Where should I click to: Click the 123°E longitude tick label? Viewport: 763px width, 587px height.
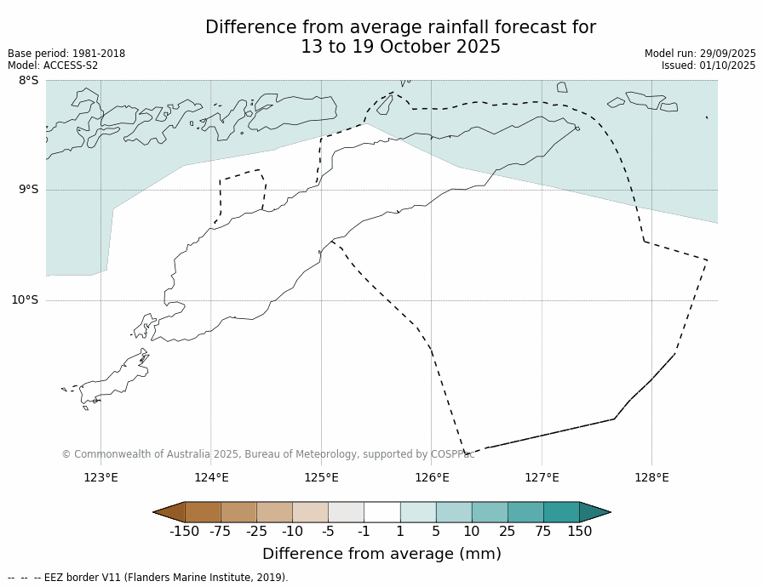[x=100, y=477]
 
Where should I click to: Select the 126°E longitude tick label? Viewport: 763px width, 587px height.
[x=432, y=477]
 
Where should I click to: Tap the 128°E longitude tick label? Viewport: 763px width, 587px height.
[x=651, y=477]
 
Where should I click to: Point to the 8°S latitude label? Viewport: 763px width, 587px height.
[x=28, y=81]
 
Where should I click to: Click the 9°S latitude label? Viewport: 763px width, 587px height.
[x=28, y=190]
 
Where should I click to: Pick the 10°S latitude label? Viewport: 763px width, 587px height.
[x=25, y=299]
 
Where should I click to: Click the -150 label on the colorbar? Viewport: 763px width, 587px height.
[x=184, y=532]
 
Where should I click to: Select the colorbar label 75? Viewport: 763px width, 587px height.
[x=542, y=532]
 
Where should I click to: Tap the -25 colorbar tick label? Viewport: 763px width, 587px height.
[x=256, y=532]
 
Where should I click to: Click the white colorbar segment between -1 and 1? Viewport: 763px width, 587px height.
[x=381, y=512]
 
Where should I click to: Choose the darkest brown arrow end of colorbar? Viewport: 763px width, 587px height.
[x=169, y=512]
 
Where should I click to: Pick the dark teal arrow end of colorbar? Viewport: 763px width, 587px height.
[x=594, y=512]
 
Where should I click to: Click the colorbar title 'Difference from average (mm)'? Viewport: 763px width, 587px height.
[x=381, y=554]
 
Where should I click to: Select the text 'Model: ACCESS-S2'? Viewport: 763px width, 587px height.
[x=53, y=66]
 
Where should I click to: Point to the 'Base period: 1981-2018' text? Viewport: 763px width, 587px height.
[x=66, y=54]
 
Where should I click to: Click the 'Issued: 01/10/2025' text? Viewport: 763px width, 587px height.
[x=708, y=66]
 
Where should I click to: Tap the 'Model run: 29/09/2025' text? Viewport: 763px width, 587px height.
[x=700, y=54]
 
